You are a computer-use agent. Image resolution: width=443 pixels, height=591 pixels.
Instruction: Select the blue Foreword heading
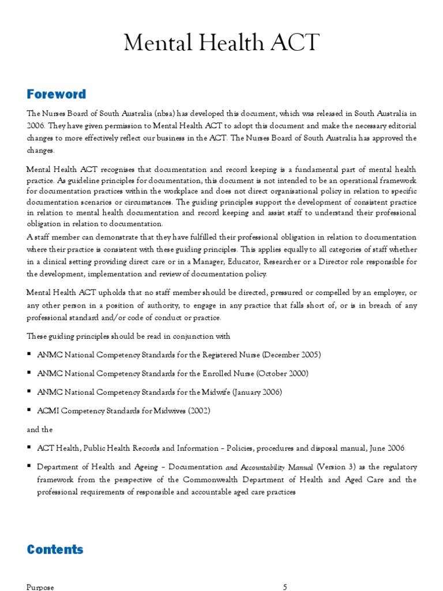(56, 94)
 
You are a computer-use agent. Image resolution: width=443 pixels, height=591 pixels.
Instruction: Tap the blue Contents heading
(55, 549)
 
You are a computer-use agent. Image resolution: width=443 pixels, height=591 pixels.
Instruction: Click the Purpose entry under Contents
(40, 587)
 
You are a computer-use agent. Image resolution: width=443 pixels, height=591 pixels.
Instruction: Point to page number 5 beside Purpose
(285, 587)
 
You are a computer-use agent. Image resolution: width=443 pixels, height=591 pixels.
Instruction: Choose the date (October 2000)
(278, 373)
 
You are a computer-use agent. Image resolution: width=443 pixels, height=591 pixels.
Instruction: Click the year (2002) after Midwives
(197, 410)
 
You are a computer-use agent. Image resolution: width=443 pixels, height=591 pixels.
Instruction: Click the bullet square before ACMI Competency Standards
(29, 410)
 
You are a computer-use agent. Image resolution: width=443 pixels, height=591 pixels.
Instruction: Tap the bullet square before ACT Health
(29, 448)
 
